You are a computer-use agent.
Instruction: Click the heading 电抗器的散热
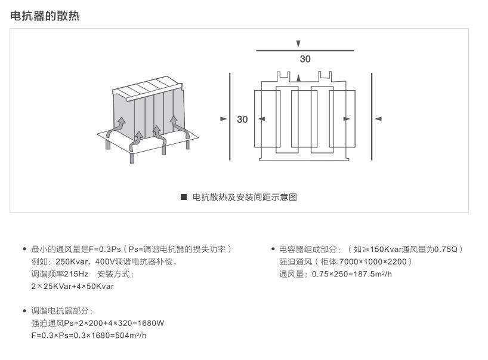[45, 16]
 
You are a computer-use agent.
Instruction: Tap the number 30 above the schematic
[305, 59]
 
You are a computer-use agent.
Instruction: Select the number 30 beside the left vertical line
[242, 119]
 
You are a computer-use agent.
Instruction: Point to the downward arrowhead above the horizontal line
[298, 44]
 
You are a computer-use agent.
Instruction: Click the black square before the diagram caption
[184, 197]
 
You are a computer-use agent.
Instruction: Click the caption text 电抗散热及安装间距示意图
[245, 197]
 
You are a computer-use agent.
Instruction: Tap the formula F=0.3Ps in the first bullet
[104, 249]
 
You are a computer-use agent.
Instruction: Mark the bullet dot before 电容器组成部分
[273, 249]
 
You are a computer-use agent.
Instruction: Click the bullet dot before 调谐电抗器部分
[24, 311]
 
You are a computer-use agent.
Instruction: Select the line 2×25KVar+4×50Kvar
[72, 287]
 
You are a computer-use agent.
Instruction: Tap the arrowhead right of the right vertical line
[378, 119]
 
